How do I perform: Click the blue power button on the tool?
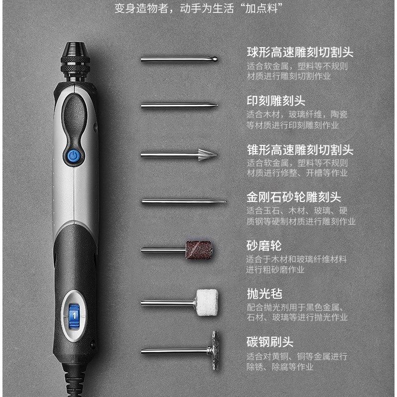pos(72,157)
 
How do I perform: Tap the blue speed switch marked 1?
pos(73,314)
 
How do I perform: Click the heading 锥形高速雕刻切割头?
pos(300,149)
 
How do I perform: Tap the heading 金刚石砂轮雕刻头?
pos(294,197)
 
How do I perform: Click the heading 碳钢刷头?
pos(270,342)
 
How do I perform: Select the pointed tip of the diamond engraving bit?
pos(224,201)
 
